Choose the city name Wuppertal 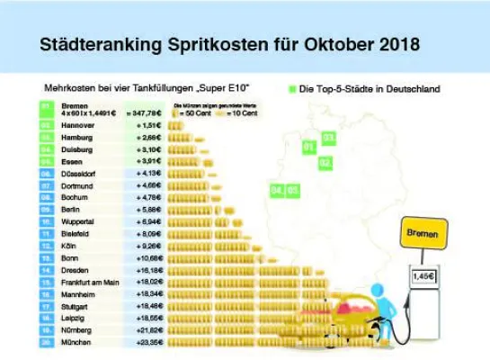pyautogui.click(x=80, y=220)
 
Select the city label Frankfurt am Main pyautogui.click(x=92, y=281)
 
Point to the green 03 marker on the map pyautogui.click(x=328, y=138)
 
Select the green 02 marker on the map pyautogui.click(x=325, y=163)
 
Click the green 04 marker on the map pyautogui.click(x=277, y=190)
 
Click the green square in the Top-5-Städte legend pyautogui.click(x=292, y=89)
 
